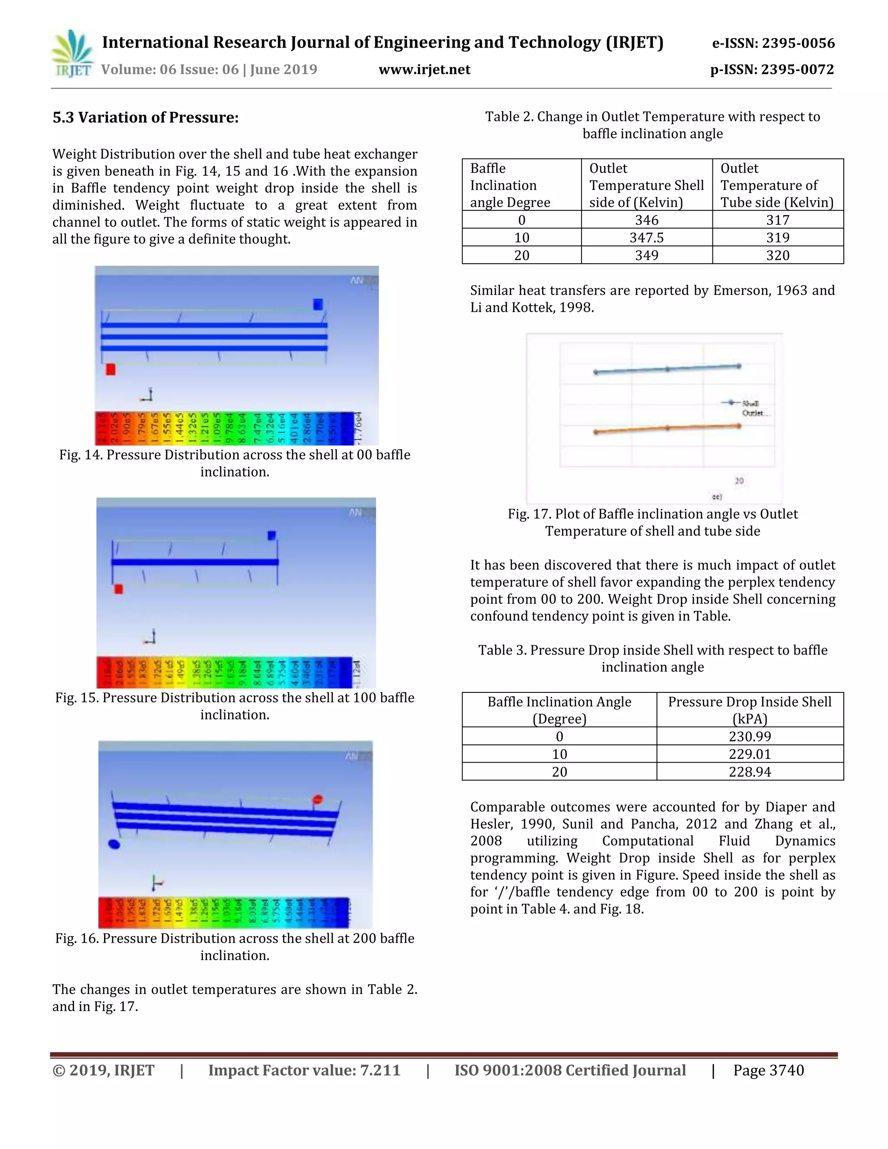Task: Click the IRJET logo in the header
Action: click(72, 54)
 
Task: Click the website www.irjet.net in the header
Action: click(424, 69)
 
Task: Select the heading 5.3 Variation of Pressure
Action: click(145, 118)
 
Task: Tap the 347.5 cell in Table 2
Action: click(646, 237)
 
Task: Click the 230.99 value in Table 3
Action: click(749, 736)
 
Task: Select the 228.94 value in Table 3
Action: click(749, 772)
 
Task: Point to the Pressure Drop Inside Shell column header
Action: click(749, 710)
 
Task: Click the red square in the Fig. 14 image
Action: click(111, 369)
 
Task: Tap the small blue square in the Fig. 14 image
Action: click(318, 304)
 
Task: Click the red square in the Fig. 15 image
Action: click(118, 589)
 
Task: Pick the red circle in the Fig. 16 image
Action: click(317, 800)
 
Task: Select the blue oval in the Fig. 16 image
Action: click(114, 844)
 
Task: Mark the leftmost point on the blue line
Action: click(595, 372)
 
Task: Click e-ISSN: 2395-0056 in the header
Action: click(773, 43)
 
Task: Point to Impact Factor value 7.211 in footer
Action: click(304, 1070)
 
